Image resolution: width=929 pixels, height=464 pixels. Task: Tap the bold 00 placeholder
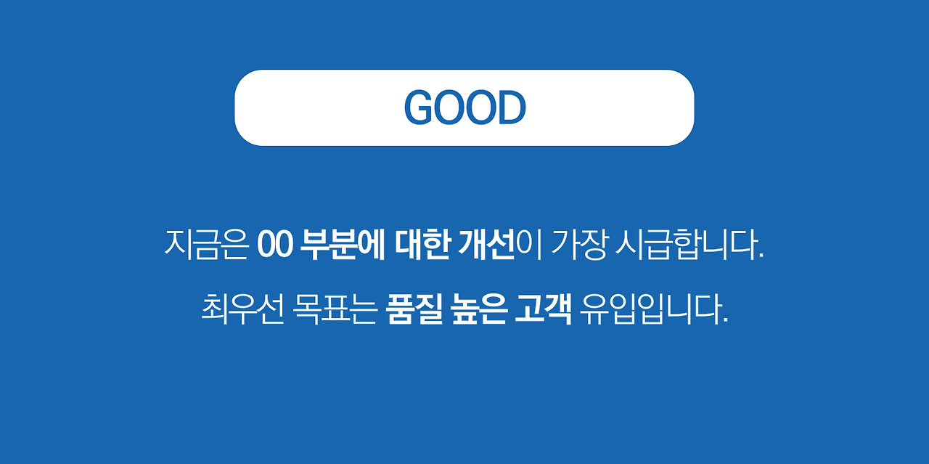[x=274, y=245]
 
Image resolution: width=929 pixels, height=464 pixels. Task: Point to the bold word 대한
[x=423, y=245]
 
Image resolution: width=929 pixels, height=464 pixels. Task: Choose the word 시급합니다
[x=686, y=245]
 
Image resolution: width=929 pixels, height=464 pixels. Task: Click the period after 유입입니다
[x=724, y=321]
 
